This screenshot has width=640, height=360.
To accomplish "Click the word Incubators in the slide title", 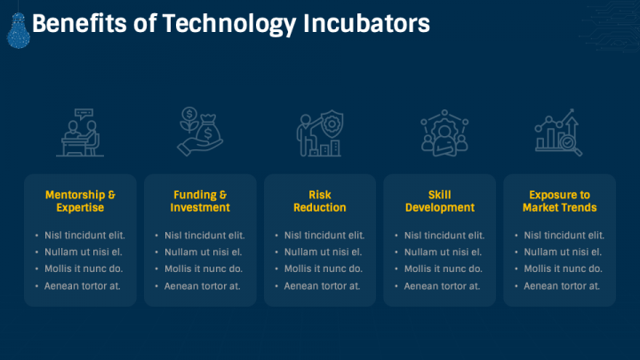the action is point(366,23).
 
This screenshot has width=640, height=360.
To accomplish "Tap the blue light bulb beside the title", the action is point(19,30).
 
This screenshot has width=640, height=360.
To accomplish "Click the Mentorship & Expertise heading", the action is point(80,201).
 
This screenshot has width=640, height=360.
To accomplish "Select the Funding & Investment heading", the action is point(200,201).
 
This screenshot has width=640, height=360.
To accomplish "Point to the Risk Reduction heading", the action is point(320,201).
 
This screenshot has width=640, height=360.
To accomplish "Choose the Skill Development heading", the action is point(440,201).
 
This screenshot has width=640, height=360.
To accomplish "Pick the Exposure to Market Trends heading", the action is point(560,201).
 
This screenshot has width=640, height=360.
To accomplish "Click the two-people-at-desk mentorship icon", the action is point(80,132).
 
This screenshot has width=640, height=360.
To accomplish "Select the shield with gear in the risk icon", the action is point(332,124).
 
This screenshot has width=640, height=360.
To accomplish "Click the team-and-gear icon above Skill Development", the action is point(444,132).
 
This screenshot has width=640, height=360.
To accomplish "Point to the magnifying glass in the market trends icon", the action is point(571,145).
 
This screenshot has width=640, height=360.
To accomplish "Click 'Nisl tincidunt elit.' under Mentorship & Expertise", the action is point(84,236).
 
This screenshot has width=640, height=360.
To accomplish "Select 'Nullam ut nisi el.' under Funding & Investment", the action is point(203,252).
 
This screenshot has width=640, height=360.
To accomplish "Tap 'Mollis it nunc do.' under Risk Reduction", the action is point(324,269).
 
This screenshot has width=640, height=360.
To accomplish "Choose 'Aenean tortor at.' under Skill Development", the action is point(442,286).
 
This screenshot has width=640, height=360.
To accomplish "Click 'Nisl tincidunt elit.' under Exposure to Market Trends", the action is point(564,236).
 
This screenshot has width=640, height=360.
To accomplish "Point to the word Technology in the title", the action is point(229,24).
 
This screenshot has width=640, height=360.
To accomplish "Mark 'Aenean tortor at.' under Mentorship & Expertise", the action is point(83,286).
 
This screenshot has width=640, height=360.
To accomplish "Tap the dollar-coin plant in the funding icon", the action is point(189,119).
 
